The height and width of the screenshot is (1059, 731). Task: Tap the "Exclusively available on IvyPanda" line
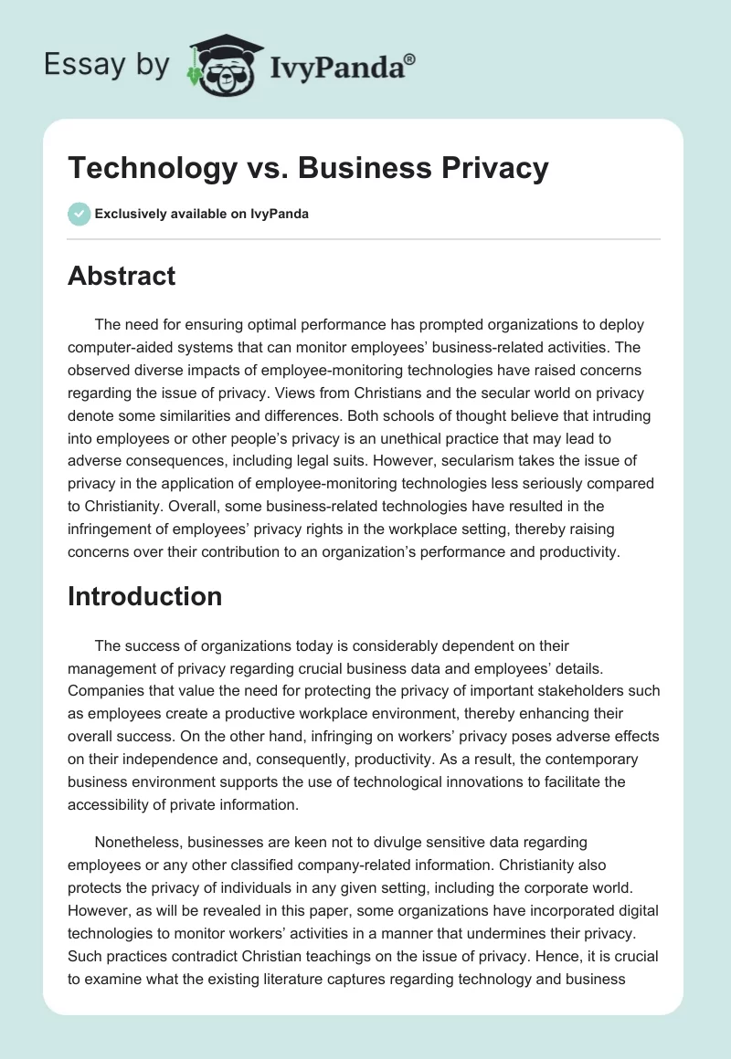(201, 214)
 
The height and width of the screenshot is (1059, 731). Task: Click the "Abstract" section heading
(122, 276)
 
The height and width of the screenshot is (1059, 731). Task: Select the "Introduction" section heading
(144, 596)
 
